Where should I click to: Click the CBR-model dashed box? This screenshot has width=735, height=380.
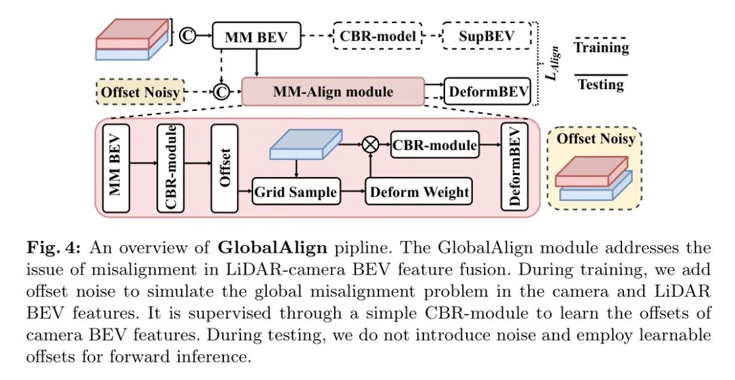[x=378, y=35]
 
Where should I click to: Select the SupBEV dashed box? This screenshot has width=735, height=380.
[x=487, y=35]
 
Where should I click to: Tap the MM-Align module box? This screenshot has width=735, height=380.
[x=332, y=91]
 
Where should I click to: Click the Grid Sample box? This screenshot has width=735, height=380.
[x=295, y=192]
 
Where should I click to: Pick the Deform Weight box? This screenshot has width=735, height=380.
[x=419, y=192]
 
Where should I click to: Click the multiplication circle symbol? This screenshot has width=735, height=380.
[x=371, y=144]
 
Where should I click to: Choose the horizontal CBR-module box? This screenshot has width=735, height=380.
[x=434, y=144]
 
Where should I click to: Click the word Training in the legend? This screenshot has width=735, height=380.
[x=601, y=48]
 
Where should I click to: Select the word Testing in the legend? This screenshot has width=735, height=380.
[x=600, y=84]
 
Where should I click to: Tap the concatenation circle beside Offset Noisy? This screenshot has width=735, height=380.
[x=220, y=91]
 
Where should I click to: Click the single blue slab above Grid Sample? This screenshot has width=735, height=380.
[x=304, y=144]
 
